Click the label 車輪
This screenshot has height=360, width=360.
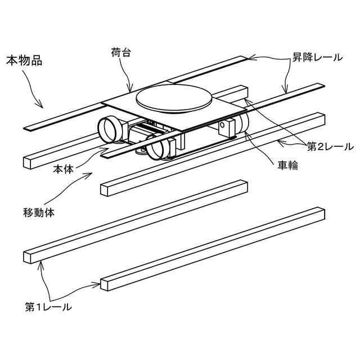(287, 166)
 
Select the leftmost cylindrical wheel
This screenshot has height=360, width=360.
(110, 128)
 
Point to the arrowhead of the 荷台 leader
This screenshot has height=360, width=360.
(132, 91)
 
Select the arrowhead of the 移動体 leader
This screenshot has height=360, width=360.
(90, 175)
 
